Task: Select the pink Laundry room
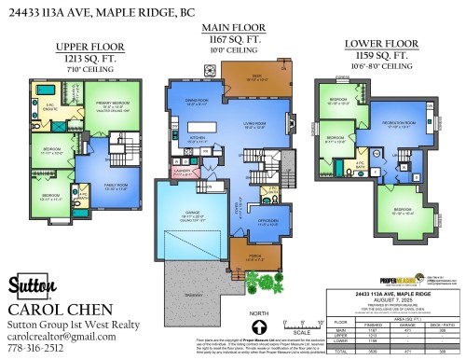tap(185, 173)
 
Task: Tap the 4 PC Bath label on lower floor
tap(361, 165)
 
